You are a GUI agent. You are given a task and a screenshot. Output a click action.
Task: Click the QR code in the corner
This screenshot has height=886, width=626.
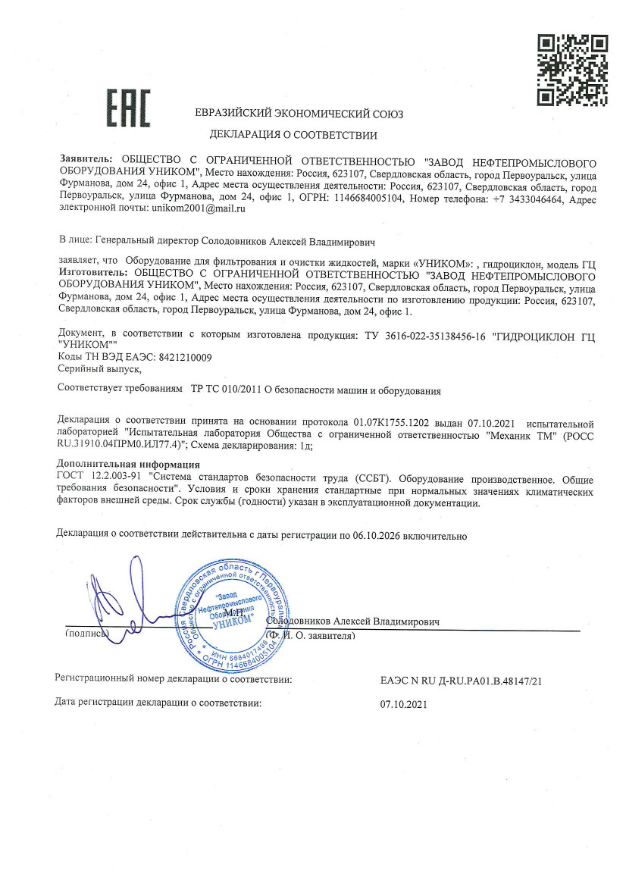573,70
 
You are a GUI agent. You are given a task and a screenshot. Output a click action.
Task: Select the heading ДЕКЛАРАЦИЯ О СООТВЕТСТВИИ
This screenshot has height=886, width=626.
293,136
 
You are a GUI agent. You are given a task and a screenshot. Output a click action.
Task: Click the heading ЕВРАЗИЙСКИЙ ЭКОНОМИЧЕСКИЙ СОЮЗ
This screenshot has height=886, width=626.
299,114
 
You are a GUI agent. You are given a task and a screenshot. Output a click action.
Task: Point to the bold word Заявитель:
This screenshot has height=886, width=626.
86,161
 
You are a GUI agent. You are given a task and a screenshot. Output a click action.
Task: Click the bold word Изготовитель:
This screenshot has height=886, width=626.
94,268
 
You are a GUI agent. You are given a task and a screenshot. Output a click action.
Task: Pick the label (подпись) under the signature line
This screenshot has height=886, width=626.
87,632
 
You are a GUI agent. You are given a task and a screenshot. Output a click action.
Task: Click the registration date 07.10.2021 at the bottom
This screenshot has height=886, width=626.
403,703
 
